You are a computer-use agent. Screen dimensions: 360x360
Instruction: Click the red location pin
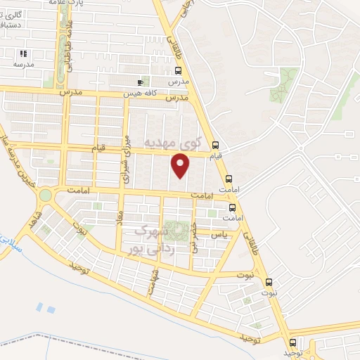(x=181, y=165)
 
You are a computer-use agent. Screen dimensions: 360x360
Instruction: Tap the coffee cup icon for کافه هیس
(x=141, y=83)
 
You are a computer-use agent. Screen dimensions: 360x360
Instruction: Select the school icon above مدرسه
(x=24, y=53)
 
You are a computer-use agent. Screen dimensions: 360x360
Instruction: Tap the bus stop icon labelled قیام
(x=216, y=146)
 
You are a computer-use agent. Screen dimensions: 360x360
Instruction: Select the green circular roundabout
(x=46, y=195)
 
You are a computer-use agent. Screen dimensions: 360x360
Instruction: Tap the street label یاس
(x=221, y=234)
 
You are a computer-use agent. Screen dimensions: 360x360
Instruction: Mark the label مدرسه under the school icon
(x=23, y=64)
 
